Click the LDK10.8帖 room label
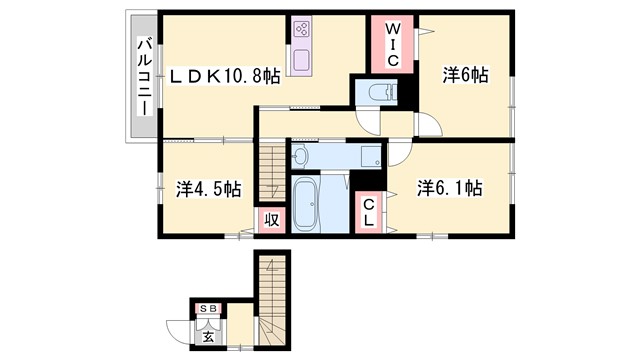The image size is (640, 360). [x=224, y=77]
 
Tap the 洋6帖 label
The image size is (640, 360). [x=465, y=75]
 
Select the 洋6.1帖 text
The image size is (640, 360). [x=450, y=188]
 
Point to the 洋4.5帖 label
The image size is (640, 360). [x=208, y=188]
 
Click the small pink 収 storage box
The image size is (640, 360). [x=270, y=220]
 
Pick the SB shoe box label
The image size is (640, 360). [x=209, y=309]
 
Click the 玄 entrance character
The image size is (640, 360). [x=208, y=336]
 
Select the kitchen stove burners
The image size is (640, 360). [x=303, y=33]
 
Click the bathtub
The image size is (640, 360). [x=306, y=205]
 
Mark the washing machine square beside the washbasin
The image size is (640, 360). [x=371, y=155]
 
